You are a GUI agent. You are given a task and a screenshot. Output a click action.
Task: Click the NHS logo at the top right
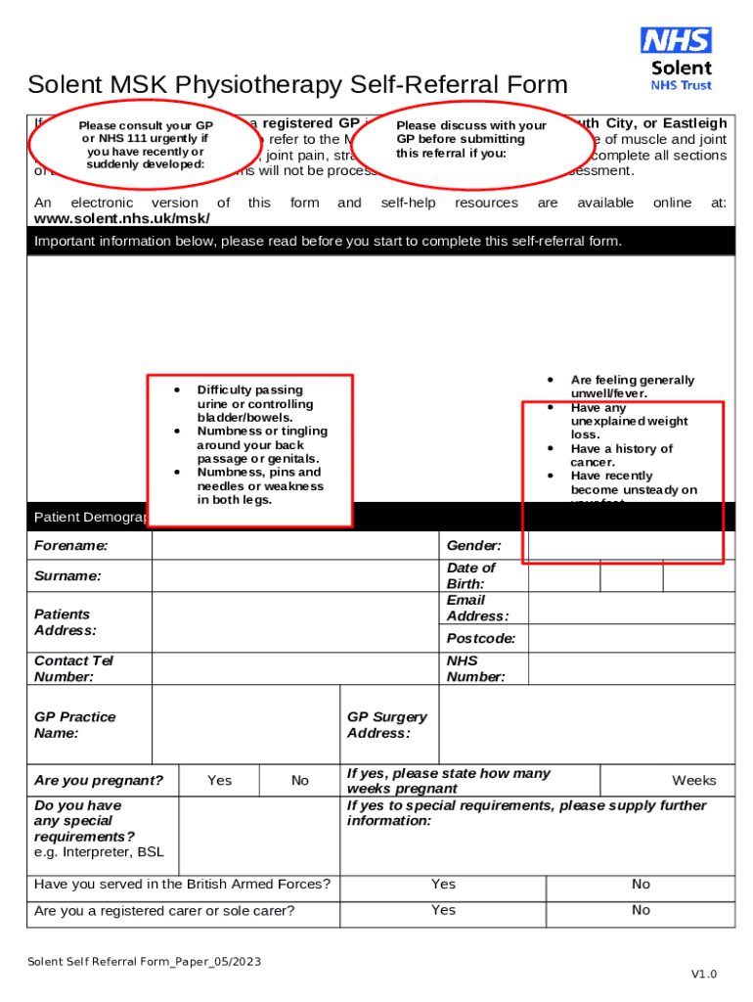676,40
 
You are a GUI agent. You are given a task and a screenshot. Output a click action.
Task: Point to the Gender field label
474,545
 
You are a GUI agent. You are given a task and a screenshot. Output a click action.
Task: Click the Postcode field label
481,638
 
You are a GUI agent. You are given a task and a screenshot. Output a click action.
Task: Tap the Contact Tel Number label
74,668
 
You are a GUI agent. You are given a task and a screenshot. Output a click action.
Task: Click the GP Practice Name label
74,724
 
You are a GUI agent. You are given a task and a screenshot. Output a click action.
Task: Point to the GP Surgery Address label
387,724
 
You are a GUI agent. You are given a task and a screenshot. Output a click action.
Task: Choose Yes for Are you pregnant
220,780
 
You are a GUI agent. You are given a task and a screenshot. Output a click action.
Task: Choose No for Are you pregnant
300,780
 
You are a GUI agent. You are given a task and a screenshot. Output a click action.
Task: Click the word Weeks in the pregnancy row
693,780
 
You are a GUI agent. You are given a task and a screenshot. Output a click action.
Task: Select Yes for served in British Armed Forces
443,884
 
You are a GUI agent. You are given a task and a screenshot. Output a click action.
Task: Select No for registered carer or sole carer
641,910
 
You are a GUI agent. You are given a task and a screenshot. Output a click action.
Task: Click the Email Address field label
477,608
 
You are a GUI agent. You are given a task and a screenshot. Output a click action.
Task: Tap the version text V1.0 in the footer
704,974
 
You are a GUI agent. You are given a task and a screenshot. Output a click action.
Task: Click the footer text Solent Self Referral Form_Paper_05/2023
144,962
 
